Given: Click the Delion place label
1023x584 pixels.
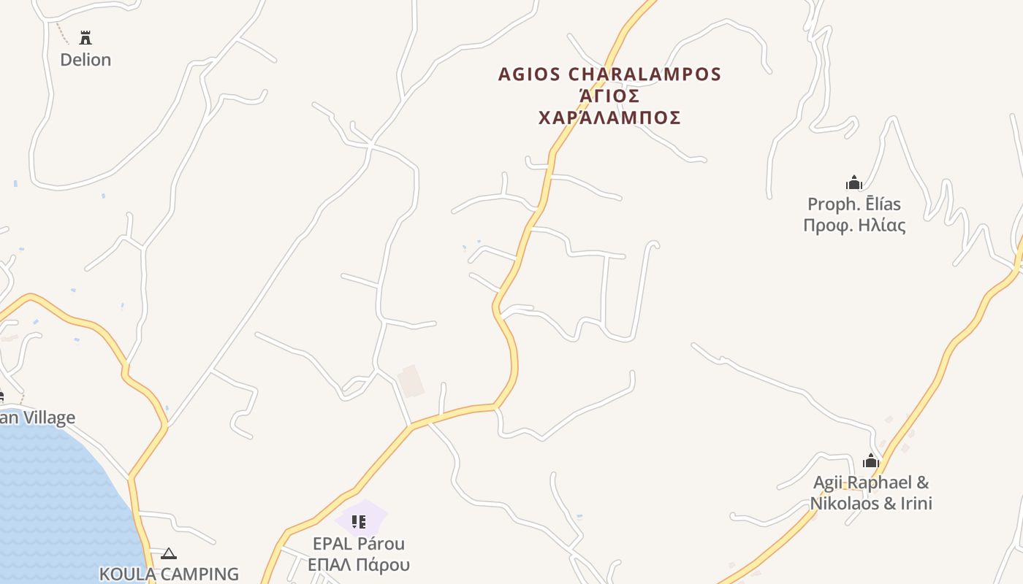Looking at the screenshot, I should click(85, 60).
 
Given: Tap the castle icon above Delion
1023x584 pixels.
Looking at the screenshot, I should click(85, 38).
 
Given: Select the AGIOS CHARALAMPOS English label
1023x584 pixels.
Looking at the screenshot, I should click(609, 74).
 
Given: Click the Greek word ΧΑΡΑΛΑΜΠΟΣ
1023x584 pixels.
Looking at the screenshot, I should click(609, 118).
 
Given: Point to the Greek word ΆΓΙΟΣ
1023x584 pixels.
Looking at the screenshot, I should click(609, 96).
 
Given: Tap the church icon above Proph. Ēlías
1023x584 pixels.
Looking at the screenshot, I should click(853, 182).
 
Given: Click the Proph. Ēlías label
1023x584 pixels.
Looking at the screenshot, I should click(853, 204).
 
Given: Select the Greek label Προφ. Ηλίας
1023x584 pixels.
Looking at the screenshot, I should click(853, 226).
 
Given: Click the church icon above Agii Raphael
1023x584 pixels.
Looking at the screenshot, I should click(870, 461).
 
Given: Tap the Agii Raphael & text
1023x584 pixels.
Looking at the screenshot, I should click(870, 483).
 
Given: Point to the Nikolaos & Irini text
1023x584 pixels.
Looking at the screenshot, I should click(870, 504).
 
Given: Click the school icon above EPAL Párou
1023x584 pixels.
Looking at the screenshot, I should click(358, 521).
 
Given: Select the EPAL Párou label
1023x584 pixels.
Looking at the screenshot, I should click(358, 544).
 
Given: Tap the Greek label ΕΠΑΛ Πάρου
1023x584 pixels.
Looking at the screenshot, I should click(358, 565).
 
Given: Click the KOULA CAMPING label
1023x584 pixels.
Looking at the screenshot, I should click(169, 574).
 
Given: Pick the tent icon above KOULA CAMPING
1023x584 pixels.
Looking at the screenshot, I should click(169, 554).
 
